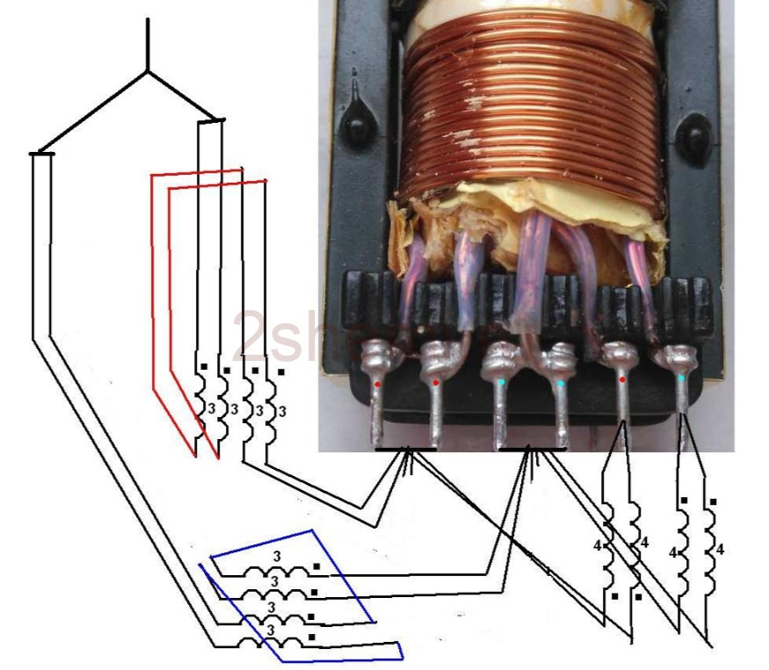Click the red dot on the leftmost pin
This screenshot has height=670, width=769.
378,385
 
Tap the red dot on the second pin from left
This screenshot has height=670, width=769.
436,383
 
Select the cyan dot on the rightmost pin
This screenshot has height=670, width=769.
683,378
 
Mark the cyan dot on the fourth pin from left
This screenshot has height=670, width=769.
561,384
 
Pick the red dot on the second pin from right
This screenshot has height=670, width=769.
622,379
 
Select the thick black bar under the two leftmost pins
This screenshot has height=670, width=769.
405,449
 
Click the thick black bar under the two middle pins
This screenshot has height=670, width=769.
532,449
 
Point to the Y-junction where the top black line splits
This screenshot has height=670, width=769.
148,71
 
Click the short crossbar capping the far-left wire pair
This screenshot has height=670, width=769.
42,155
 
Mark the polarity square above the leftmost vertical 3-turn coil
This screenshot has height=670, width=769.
204,366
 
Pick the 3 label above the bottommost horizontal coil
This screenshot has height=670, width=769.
270,630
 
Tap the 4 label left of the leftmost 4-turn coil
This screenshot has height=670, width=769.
597,545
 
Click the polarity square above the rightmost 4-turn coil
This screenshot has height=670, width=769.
713,502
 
